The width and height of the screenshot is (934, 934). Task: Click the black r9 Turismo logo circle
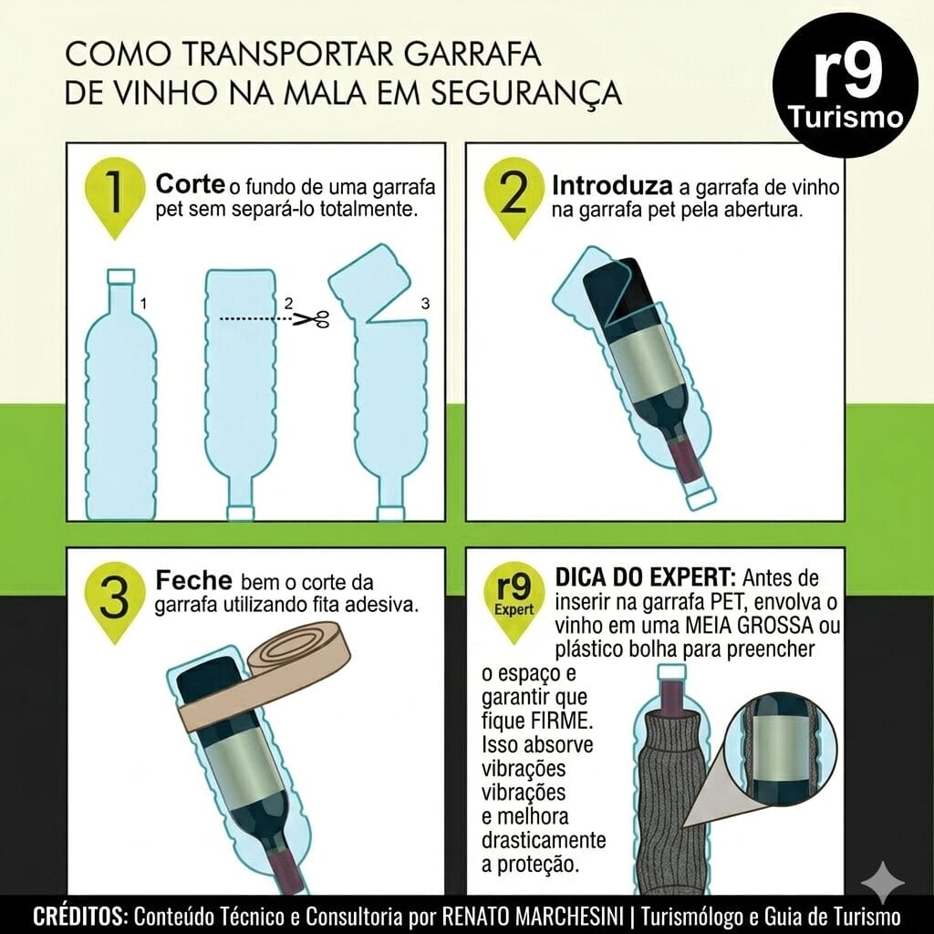[x=846, y=85]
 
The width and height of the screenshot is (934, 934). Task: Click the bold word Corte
[x=190, y=184]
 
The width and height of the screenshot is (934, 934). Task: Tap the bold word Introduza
[x=612, y=186]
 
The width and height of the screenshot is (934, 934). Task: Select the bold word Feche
[x=193, y=580]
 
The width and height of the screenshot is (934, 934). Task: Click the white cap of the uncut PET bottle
[x=121, y=275]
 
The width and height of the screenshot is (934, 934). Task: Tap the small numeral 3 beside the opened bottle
[x=425, y=304]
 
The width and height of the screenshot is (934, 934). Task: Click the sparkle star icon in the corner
[x=884, y=883]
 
